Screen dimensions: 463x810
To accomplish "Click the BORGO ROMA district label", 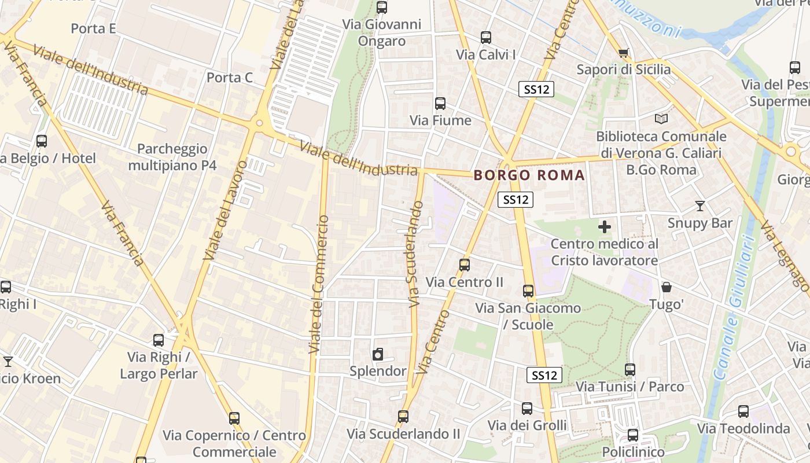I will (x=529, y=175).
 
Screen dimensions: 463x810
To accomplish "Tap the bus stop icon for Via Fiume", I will (x=440, y=104).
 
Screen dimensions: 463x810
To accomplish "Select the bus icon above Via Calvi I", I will (x=486, y=38).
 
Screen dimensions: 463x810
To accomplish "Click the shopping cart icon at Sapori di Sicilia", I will (x=623, y=53).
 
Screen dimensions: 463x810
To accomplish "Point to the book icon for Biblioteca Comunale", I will (x=661, y=119).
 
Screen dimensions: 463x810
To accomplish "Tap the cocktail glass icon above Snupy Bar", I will (x=700, y=206).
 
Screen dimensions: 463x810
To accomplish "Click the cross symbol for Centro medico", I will (x=605, y=226).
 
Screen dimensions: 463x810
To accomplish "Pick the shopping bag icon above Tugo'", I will (x=667, y=287).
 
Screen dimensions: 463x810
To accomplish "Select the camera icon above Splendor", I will (x=378, y=354).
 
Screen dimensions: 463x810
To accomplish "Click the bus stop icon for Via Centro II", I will (x=465, y=265).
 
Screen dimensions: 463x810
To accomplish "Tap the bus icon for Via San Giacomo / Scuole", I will (x=528, y=291).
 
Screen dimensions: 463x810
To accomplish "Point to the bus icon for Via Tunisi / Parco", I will (x=630, y=369).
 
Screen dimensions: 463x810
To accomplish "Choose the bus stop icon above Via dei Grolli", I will (x=527, y=409).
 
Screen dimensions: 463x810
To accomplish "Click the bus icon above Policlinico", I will (x=633, y=435).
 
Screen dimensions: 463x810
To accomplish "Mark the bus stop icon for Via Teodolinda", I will (x=743, y=411).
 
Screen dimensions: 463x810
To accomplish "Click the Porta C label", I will (x=230, y=78).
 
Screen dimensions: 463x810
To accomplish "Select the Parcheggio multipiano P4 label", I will (x=172, y=157).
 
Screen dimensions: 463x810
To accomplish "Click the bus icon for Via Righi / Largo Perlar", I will (x=159, y=340).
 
